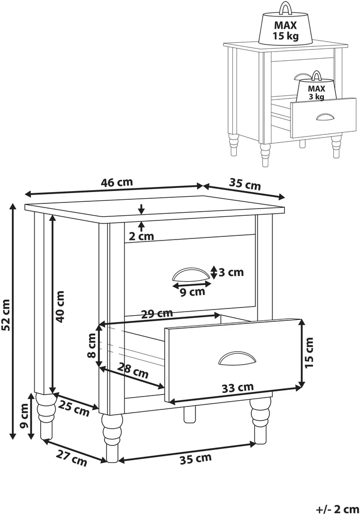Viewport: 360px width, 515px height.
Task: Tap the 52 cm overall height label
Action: [6, 315]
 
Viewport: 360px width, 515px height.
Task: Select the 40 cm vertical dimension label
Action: [60, 306]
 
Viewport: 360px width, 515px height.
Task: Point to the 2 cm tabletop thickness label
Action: [141, 236]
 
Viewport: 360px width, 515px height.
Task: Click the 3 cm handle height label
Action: [231, 272]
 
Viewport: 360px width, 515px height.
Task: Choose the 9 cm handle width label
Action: [193, 291]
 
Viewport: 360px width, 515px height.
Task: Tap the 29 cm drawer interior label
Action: [157, 314]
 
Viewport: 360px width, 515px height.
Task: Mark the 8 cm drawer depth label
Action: [92, 345]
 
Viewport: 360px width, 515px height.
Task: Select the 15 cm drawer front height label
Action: [309, 352]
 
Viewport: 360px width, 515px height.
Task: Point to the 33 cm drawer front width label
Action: [237, 388]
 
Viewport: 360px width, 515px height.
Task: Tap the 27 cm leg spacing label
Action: [72, 458]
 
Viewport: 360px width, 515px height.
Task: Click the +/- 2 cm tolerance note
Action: [338, 509]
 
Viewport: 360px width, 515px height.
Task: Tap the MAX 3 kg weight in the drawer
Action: [316, 87]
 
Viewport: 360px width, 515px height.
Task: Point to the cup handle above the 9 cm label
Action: [191, 274]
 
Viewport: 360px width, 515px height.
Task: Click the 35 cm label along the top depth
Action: [245, 184]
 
